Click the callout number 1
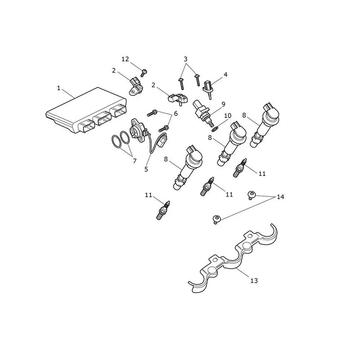pos(59,88)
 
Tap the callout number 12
pos(125,59)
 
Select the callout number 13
pos(254,280)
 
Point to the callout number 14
pos(280,197)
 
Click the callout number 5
pos(146,169)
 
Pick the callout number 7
pos(135,161)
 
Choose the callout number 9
pos(223,104)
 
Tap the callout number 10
pos(228,116)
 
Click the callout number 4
pos(225,75)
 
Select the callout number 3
pos(185,59)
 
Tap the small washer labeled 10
pos(215,130)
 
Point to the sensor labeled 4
pos(208,88)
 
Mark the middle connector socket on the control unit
pos(102,118)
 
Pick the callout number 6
pos(175,114)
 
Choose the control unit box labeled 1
pos(86,110)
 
